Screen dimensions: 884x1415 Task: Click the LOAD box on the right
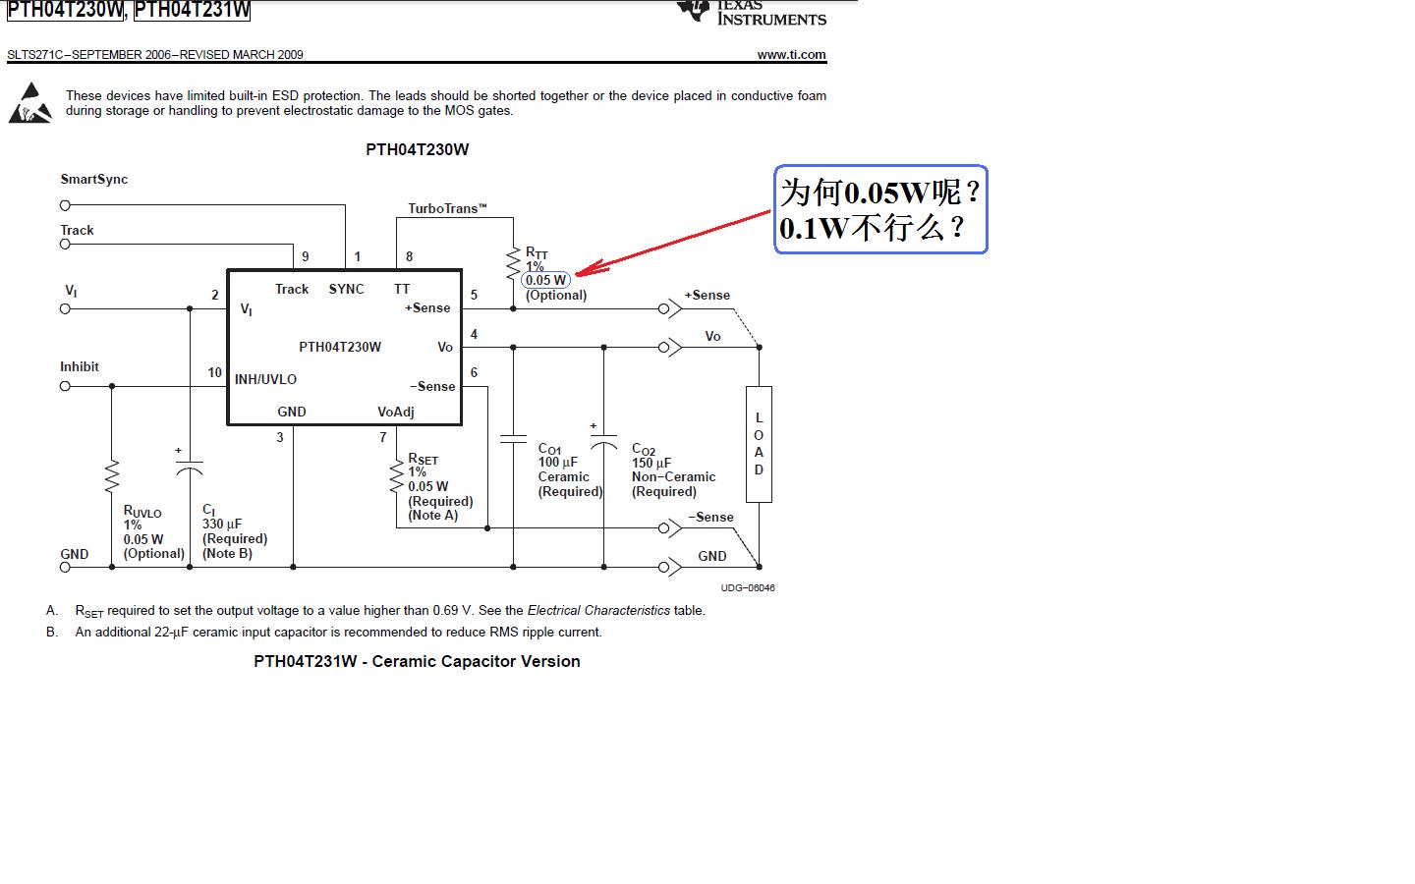coord(759,444)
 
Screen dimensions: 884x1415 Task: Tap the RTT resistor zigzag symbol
coord(513,263)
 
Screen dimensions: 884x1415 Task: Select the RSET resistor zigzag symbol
coord(397,475)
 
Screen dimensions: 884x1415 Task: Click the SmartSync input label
coord(94,179)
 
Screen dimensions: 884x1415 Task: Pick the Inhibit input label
coord(80,366)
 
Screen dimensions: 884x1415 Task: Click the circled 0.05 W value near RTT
coord(545,280)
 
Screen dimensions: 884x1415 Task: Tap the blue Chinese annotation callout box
coord(880,209)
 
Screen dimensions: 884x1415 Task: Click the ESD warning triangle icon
coord(30,104)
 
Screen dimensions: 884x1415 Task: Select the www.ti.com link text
coord(791,55)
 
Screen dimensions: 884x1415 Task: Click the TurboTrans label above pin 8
coord(447,208)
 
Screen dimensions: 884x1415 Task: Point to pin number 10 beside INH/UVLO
coord(214,372)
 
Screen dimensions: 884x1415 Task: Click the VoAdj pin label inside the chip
coord(396,412)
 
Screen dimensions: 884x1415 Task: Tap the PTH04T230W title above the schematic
coord(417,149)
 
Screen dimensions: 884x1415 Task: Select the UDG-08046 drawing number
coord(748,587)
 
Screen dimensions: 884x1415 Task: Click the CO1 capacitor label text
coord(549,449)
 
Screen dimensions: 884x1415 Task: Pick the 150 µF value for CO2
coord(651,463)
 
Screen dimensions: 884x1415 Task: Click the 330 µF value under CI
coord(222,524)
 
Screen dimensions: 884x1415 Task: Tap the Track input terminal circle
coord(65,245)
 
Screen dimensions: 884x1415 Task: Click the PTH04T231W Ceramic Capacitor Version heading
coord(417,661)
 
